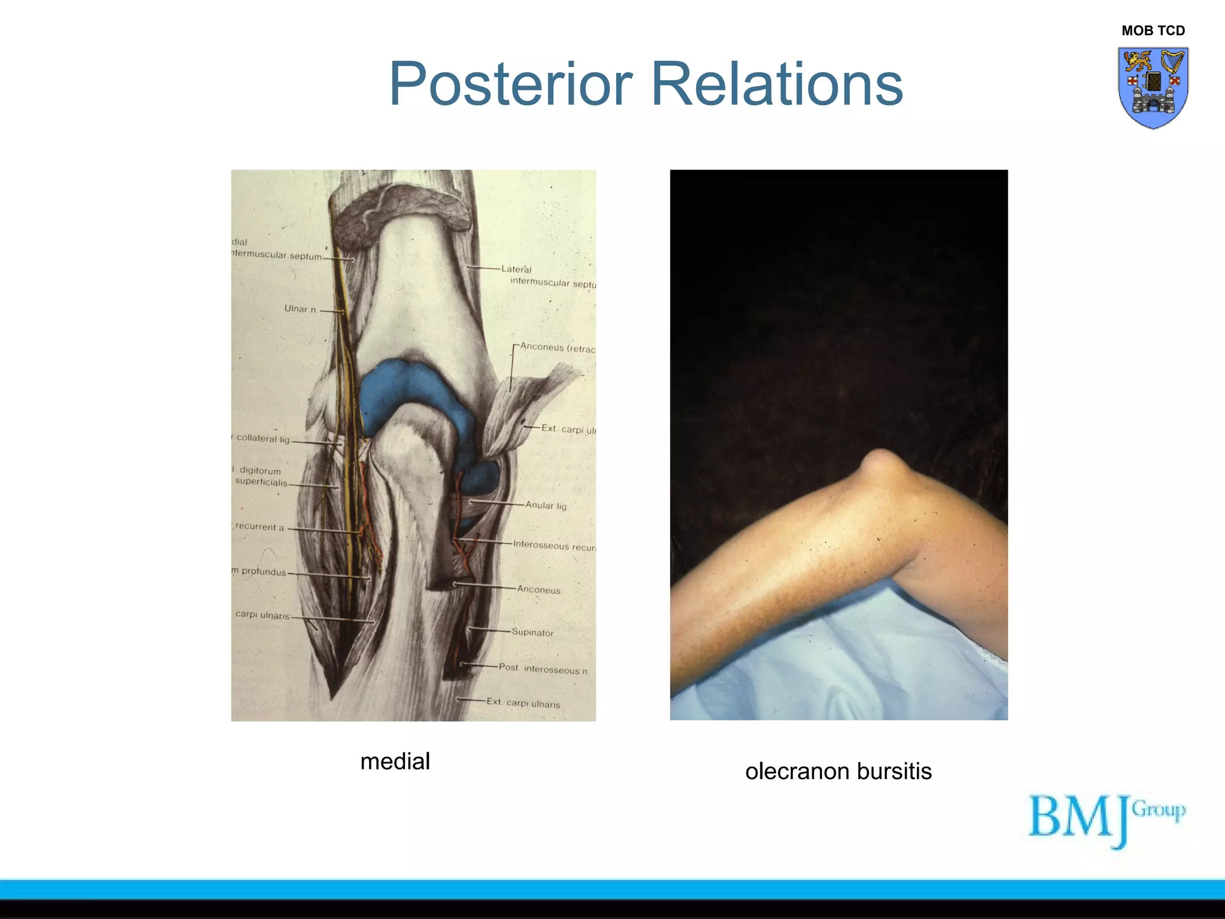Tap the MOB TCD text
pyautogui.click(x=1153, y=31)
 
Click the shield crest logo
pyautogui.click(x=1153, y=87)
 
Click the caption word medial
pyautogui.click(x=395, y=762)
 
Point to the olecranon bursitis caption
pyautogui.click(x=838, y=771)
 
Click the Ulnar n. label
pyautogui.click(x=300, y=309)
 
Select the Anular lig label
pyautogui.click(x=546, y=506)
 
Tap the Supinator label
pyautogui.click(x=532, y=632)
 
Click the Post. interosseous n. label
pyautogui.click(x=543, y=669)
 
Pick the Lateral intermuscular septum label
pyautogui.click(x=547, y=276)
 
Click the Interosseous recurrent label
pyautogui.click(x=554, y=546)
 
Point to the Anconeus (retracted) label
pyautogui.click(x=557, y=348)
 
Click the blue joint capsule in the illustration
pyautogui.click(x=395, y=389)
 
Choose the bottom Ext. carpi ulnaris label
pyautogui.click(x=523, y=703)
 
